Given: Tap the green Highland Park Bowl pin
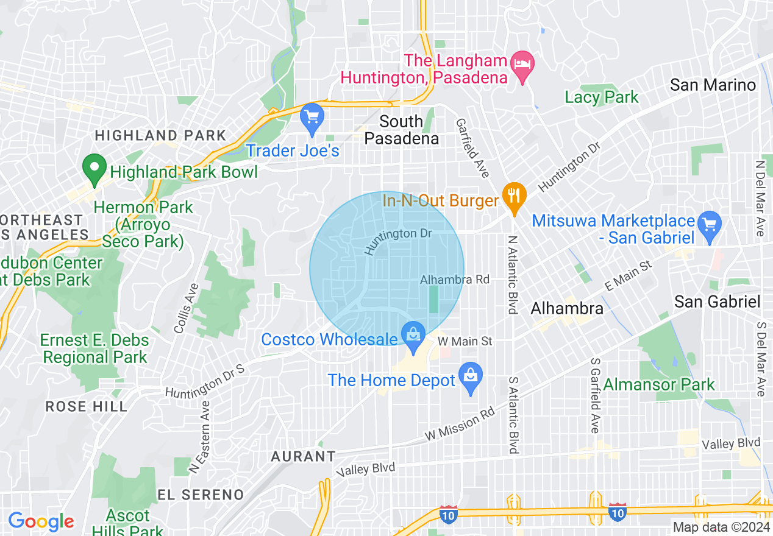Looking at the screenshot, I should click(x=94, y=169).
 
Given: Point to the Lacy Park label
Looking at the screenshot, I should click(x=601, y=97).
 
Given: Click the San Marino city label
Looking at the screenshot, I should click(x=713, y=85).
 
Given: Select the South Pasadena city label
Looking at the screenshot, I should click(x=401, y=130).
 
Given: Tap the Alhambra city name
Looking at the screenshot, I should click(x=567, y=308).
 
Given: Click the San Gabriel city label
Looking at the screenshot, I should click(x=717, y=301).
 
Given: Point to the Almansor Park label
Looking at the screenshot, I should click(x=659, y=385).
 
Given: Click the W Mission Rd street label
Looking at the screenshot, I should click(x=460, y=425).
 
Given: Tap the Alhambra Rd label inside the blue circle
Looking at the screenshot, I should click(x=455, y=280).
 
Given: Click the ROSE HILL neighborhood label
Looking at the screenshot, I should click(x=87, y=406).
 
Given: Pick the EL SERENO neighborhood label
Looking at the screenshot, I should click(x=200, y=494).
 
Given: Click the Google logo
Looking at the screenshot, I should click(x=41, y=521).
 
